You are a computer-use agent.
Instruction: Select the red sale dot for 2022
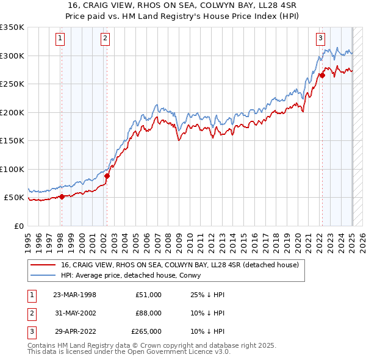[322, 76]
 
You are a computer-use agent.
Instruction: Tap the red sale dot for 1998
[62, 196]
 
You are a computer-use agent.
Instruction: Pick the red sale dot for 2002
[107, 176]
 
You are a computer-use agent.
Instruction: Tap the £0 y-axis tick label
[18, 226]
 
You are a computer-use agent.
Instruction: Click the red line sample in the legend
[42, 265]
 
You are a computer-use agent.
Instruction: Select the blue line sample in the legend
[42, 275]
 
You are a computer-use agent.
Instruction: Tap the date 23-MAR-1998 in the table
[74, 295]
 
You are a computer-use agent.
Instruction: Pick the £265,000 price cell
[146, 331]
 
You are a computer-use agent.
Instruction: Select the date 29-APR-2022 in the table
[74, 331]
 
